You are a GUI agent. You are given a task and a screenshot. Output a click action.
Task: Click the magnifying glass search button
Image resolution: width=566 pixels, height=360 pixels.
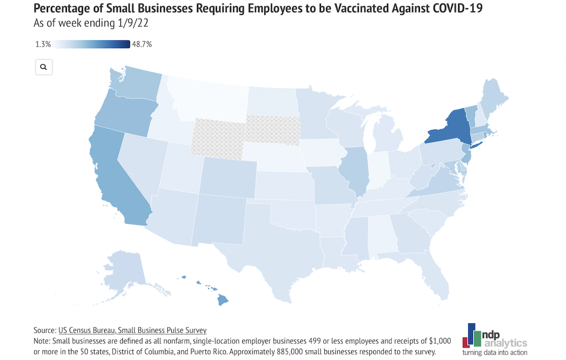tap(44, 67)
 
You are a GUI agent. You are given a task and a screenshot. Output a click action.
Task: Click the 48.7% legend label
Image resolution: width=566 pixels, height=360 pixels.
tap(141, 45)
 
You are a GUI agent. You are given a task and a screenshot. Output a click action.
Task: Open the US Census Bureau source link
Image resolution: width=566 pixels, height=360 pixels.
tap(132, 330)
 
